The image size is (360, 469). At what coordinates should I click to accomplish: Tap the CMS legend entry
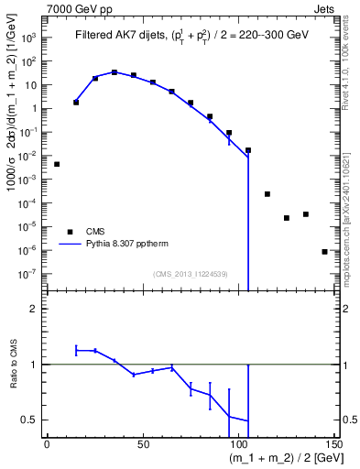click(96, 231)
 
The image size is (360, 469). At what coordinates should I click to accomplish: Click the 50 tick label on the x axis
click(142, 444)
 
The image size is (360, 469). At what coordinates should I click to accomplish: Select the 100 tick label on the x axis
click(238, 444)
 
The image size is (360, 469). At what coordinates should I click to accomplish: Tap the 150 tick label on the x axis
click(333, 444)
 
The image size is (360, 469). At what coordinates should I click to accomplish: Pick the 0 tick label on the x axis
click(47, 444)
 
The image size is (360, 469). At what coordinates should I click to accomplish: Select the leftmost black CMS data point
click(57, 164)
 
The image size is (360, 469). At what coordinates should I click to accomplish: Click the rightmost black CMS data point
click(324, 251)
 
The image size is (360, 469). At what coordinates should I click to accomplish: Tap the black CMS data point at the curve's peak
click(115, 71)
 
